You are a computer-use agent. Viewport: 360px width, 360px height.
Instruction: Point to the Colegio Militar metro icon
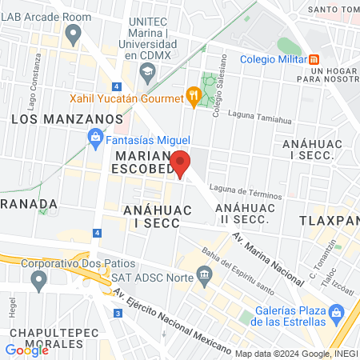pos(314,58)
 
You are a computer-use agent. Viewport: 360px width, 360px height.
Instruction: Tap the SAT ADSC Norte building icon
pos(204,277)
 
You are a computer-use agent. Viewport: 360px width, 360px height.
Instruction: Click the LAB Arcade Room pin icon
pos(74,34)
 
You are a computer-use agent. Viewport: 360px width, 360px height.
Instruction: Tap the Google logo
pos(26,350)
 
